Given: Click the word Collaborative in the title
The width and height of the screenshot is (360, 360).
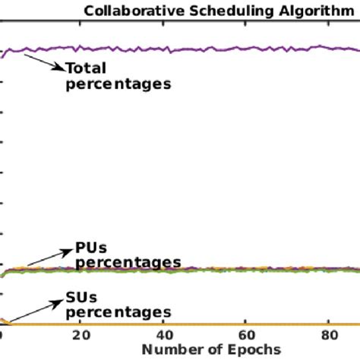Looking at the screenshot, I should [x=125, y=11].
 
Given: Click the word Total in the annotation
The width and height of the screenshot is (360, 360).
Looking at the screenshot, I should [x=85, y=68].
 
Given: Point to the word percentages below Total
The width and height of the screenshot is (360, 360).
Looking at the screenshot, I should [x=118, y=84].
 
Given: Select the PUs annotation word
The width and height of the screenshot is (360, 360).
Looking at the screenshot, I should [x=90, y=248].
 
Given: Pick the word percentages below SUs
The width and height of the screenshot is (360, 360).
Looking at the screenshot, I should [x=118, y=312].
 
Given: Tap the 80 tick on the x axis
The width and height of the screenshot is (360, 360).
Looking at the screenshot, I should [x=327, y=336].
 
